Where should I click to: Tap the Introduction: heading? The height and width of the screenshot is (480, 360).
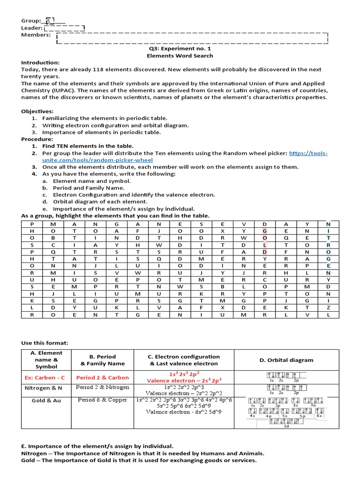pyautogui.click(x=40, y=62)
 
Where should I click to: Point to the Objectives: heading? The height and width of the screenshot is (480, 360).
pyautogui.click(x=37, y=111)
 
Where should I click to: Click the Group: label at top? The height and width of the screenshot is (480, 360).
pyautogui.click(x=31, y=21)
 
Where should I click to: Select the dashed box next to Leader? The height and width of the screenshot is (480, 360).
pyautogui.click(x=64, y=28)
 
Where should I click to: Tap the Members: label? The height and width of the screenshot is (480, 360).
pyautogui.click(x=36, y=35)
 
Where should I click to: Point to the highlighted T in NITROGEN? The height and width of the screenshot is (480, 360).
pyautogui.click(x=328, y=238)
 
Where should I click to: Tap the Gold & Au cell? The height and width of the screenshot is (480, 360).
pyautogui.click(x=45, y=401)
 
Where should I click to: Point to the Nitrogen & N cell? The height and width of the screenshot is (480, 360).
pyautogui.click(x=45, y=387)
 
